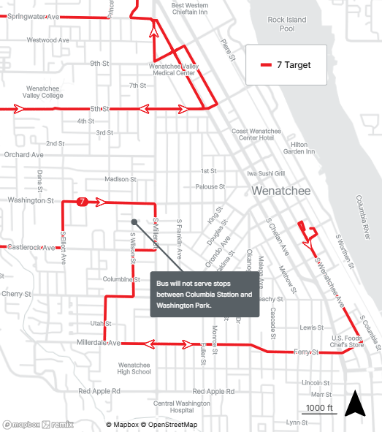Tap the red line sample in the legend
click(x=267, y=65)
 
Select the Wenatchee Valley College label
click(x=42, y=91)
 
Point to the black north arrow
click(x=355, y=404)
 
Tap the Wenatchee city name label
click(x=281, y=192)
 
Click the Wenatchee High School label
click(x=134, y=368)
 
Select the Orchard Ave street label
click(x=23, y=155)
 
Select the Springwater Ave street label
click(x=32, y=16)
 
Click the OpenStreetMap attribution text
click(x=169, y=425)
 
